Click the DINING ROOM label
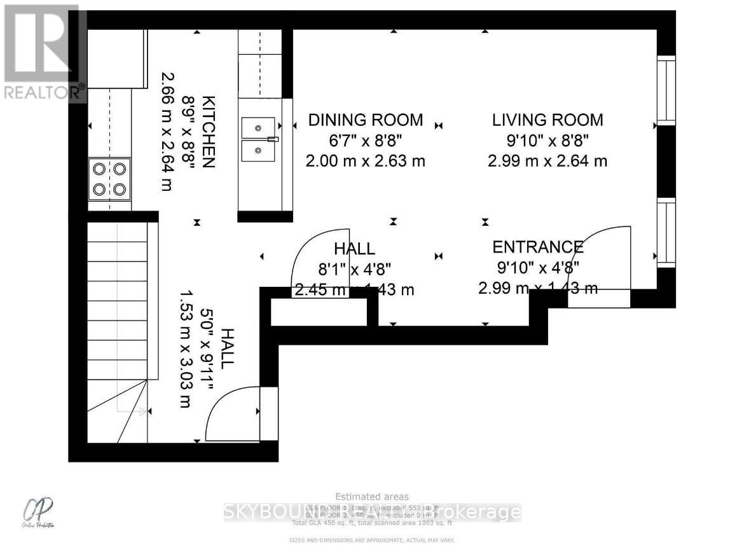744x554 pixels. point(365,120)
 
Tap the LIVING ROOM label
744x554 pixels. point(547,120)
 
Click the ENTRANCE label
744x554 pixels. point(538,247)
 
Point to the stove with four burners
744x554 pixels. point(109,179)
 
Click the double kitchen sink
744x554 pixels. point(259,139)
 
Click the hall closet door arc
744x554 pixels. point(315,254)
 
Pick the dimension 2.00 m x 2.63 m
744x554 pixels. point(365,161)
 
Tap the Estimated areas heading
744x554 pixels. point(372,497)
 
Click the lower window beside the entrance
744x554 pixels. point(666,232)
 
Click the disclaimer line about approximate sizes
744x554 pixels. point(372,540)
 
